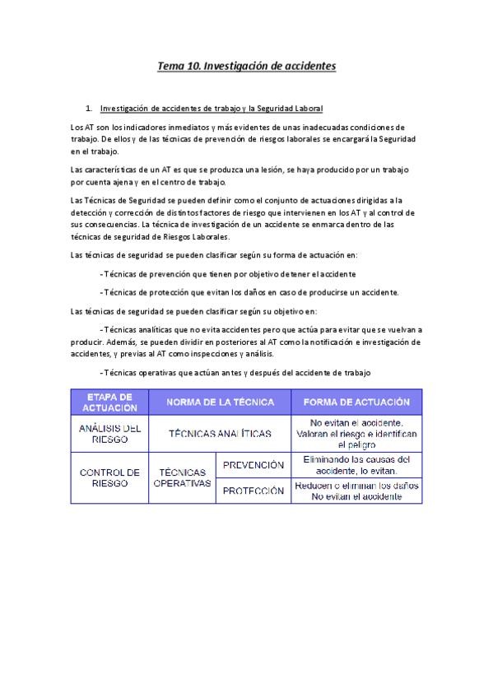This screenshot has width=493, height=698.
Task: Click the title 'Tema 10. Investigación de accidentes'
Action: coord(246,65)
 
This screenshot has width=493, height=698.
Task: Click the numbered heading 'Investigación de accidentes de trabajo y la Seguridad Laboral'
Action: coord(211,109)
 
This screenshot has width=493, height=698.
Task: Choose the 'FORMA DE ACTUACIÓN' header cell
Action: coord(356,402)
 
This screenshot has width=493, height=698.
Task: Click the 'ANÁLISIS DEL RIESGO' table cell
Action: coord(109,433)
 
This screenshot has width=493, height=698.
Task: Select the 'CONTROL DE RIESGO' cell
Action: coord(109,477)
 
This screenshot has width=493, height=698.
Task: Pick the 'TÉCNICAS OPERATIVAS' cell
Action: coord(182,477)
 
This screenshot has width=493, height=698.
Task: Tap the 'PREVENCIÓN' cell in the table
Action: coord(253,465)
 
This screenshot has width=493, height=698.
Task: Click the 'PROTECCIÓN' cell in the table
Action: coord(253,491)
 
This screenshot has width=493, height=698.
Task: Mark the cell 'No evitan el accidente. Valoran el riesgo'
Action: coord(356,433)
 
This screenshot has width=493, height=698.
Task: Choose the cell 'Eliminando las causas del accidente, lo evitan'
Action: coord(356,465)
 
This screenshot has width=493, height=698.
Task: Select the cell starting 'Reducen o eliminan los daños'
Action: coord(356,491)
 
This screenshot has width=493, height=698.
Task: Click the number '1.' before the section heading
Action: coord(89,109)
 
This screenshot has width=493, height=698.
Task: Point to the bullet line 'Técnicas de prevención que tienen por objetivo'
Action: coord(227,273)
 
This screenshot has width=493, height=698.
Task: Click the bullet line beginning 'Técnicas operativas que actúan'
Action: coord(235,373)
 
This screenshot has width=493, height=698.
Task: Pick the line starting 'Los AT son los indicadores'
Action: coord(238,128)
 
